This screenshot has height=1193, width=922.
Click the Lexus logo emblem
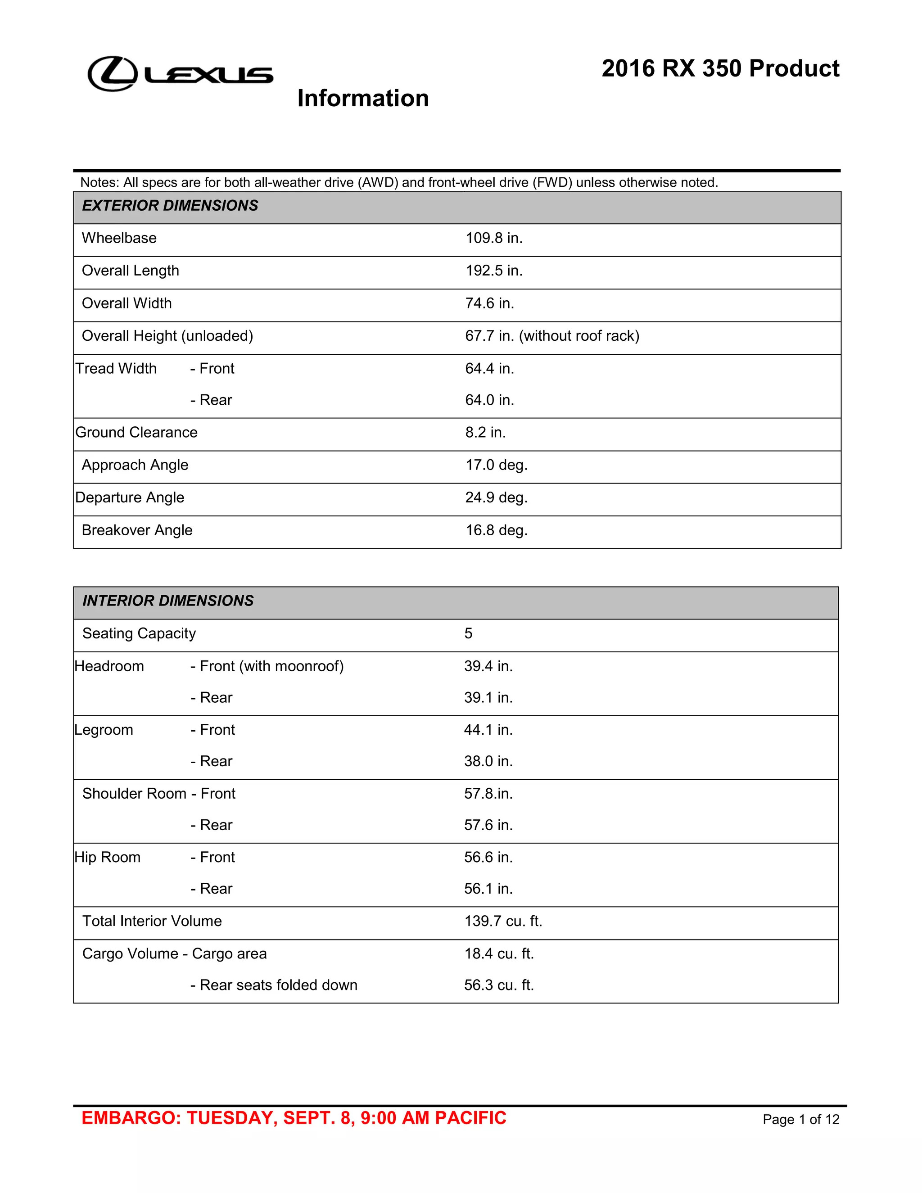click(113, 74)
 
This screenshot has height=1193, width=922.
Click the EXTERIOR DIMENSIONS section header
click(170, 206)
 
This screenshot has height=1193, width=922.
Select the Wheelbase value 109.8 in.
click(494, 238)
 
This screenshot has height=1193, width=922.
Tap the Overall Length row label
click(130, 271)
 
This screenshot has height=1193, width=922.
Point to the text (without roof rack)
click(579, 336)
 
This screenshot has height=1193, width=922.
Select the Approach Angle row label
click(135, 465)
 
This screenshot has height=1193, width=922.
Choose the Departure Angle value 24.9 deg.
click(496, 497)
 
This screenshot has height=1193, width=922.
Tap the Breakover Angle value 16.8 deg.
click(496, 530)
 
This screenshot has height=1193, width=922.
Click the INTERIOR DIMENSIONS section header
click(167, 601)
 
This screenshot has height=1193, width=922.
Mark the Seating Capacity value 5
click(468, 634)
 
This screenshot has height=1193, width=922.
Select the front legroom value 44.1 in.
click(488, 730)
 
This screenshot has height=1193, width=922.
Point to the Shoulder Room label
click(134, 794)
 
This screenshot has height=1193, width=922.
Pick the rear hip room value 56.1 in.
click(488, 889)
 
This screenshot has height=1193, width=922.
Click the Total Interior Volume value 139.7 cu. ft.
click(503, 922)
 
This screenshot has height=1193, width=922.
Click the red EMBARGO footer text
click(294, 1118)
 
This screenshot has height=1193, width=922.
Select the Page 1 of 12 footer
click(801, 1120)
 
